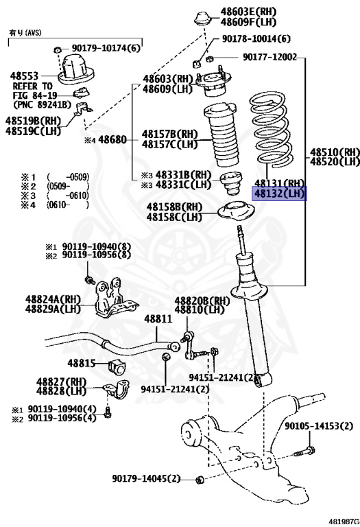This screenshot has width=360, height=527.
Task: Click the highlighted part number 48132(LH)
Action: click(x=279, y=194)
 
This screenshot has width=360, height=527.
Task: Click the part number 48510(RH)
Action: click(x=334, y=152)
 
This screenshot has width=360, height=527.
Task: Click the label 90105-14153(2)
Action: click(x=322, y=426)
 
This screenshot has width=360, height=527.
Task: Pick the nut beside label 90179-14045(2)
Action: click(x=198, y=478)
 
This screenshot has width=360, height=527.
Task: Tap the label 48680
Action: click(x=112, y=139)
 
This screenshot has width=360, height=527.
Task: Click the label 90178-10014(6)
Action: click(x=256, y=38)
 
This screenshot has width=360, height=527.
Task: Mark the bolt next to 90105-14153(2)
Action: click(x=306, y=451)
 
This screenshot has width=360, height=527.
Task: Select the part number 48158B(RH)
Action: click(x=174, y=207)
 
